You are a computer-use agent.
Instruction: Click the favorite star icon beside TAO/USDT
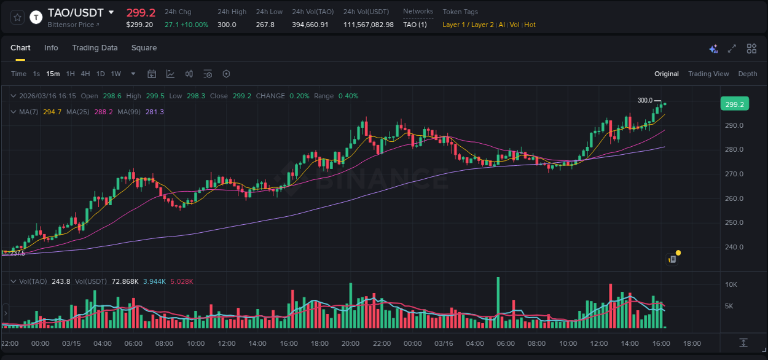[x=18, y=17]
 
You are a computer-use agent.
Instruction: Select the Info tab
[x=51, y=48]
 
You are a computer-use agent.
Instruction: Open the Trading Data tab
[x=95, y=48]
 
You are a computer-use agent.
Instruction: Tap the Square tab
[x=144, y=48]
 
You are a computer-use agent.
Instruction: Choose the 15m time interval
[x=53, y=74]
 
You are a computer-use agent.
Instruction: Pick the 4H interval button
[x=85, y=74]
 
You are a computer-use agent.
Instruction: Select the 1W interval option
[x=116, y=74]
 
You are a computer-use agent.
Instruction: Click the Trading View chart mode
[x=708, y=74]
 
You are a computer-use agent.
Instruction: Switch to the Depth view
[x=747, y=74]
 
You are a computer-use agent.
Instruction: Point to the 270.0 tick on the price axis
[x=734, y=174]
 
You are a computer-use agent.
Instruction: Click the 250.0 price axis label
[x=734, y=222]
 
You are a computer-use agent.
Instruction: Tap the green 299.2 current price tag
[x=734, y=104]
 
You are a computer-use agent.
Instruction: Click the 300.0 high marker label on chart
[x=645, y=100]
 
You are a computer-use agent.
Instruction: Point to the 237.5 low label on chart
[x=17, y=253]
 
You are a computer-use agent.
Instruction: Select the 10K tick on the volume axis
[x=731, y=284]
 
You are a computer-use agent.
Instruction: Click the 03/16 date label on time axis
[x=444, y=343]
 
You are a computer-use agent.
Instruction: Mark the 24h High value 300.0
[x=227, y=25]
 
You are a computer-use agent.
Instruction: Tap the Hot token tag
[x=530, y=25]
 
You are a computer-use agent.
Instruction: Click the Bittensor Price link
[x=73, y=25]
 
